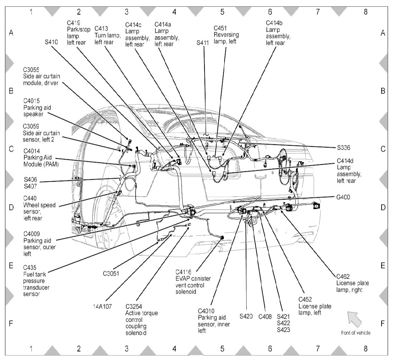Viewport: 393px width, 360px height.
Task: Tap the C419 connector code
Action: (x=73, y=23)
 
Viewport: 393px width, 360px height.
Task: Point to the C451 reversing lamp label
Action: (x=221, y=28)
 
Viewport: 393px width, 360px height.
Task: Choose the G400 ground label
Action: (x=343, y=197)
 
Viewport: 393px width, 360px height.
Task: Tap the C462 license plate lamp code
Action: (x=343, y=276)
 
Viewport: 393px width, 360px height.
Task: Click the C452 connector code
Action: (x=306, y=300)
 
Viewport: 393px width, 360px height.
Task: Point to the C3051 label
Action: (x=111, y=273)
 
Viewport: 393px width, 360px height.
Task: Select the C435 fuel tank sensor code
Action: (x=30, y=267)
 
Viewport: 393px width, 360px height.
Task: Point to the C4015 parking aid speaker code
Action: (x=31, y=101)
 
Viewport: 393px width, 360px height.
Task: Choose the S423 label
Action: (x=284, y=330)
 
